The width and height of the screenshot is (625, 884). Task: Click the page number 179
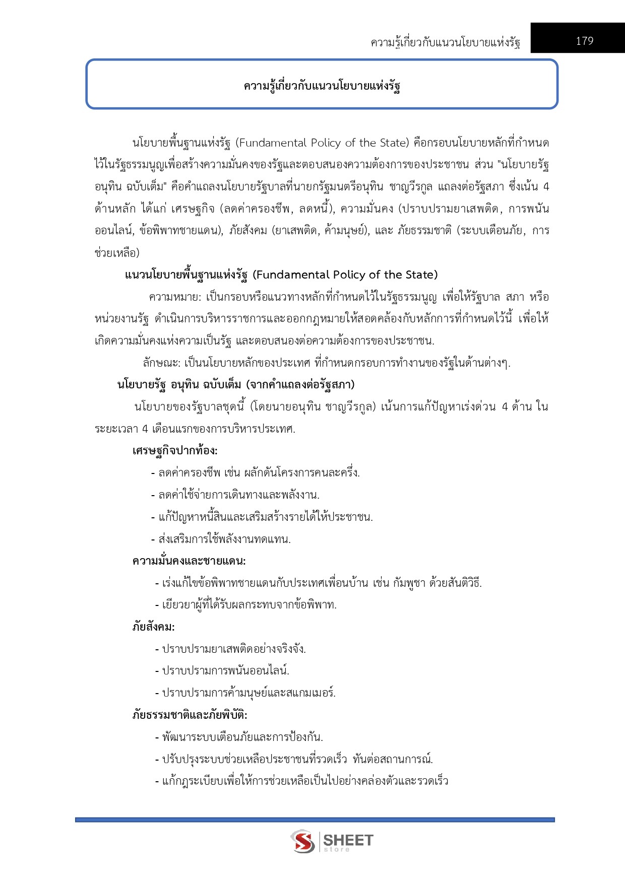(x=584, y=41)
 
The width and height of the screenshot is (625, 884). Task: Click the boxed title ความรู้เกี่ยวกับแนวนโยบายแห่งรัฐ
(x=322, y=86)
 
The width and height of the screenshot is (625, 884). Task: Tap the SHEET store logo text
(x=348, y=841)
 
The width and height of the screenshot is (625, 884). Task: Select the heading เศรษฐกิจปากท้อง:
(x=175, y=451)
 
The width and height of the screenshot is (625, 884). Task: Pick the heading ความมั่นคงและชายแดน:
(x=189, y=561)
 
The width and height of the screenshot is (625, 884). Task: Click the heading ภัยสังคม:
(x=153, y=627)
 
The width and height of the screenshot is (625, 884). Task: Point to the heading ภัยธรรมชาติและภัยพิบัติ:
(x=190, y=715)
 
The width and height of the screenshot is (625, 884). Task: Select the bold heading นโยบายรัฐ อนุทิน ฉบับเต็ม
(x=236, y=385)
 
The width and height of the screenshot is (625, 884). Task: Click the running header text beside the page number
(x=445, y=42)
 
